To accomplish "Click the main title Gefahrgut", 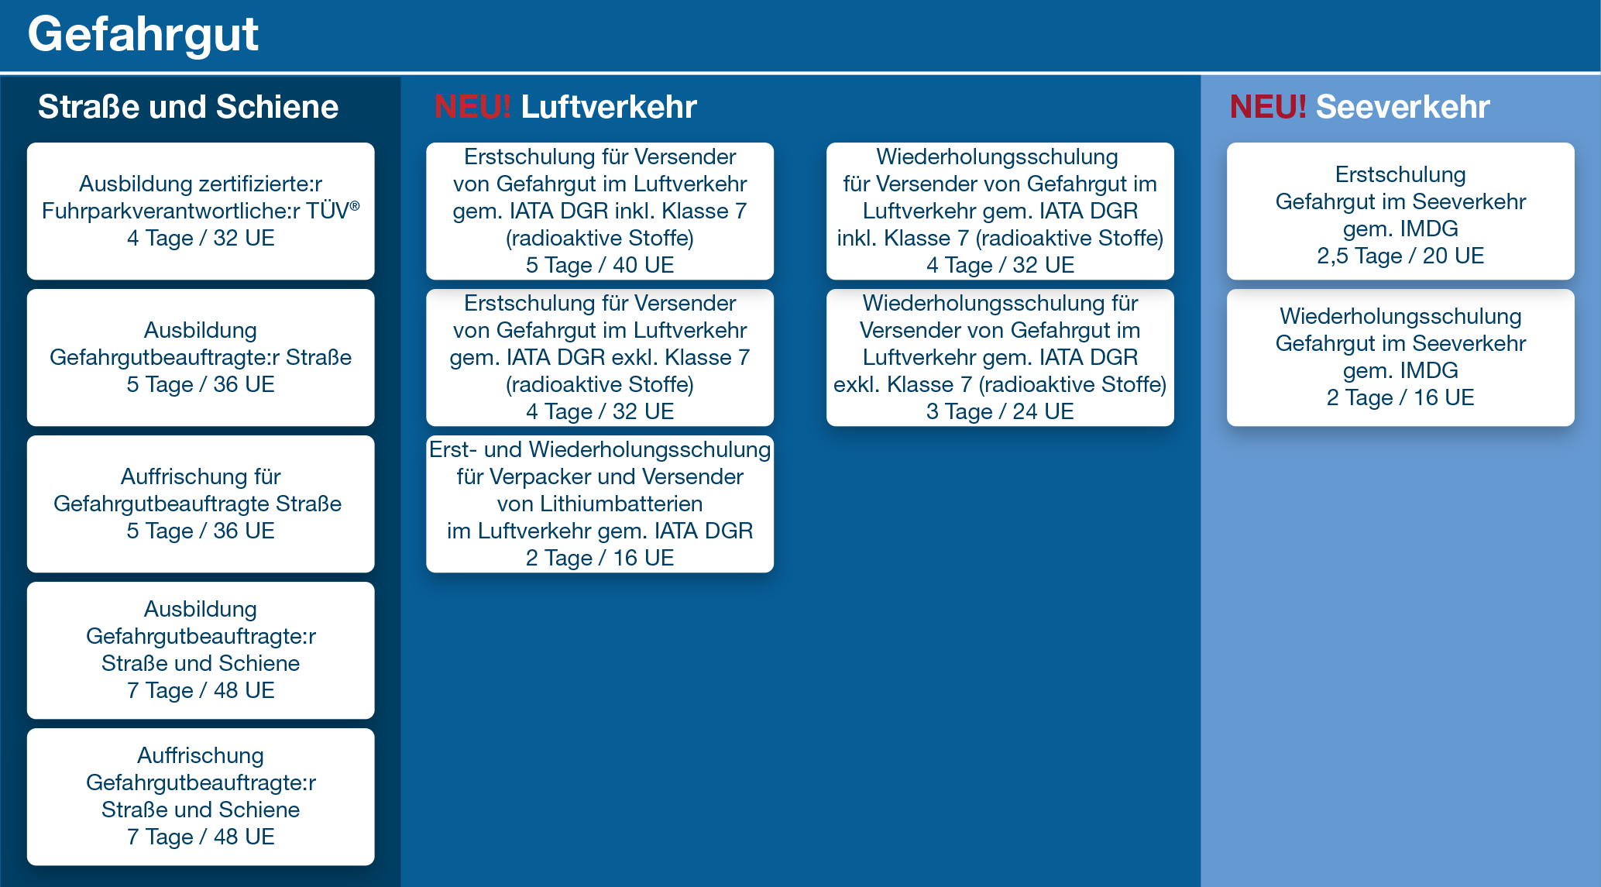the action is (x=143, y=36).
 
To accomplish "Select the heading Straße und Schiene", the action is (x=188, y=107).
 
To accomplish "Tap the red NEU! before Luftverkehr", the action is (x=472, y=107).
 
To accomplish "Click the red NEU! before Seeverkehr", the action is (x=1268, y=107).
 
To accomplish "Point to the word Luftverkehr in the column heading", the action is (x=609, y=107).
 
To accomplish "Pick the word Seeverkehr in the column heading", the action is (x=1403, y=107).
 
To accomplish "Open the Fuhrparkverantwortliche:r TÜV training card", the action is (x=201, y=211).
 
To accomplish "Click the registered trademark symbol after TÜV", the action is (x=355, y=206).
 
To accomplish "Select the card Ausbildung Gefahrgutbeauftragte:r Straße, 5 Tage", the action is (x=201, y=357).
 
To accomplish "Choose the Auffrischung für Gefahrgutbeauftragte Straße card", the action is (x=201, y=504).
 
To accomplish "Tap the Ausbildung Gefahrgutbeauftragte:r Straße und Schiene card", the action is (x=201, y=650).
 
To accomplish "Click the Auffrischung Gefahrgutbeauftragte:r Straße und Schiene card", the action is (x=201, y=796).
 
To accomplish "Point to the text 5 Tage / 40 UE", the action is (x=600, y=265).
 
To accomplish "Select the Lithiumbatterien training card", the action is (x=600, y=504).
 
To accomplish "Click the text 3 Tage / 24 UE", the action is (x=1000, y=411).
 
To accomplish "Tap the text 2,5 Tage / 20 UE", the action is (x=1400, y=256).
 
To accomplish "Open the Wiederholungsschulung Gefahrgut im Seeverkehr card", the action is (x=1400, y=357).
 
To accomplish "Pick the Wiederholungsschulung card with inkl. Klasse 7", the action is (x=1000, y=211).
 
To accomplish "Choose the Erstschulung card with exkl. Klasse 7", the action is (x=600, y=357).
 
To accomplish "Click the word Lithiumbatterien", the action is (x=622, y=504).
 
